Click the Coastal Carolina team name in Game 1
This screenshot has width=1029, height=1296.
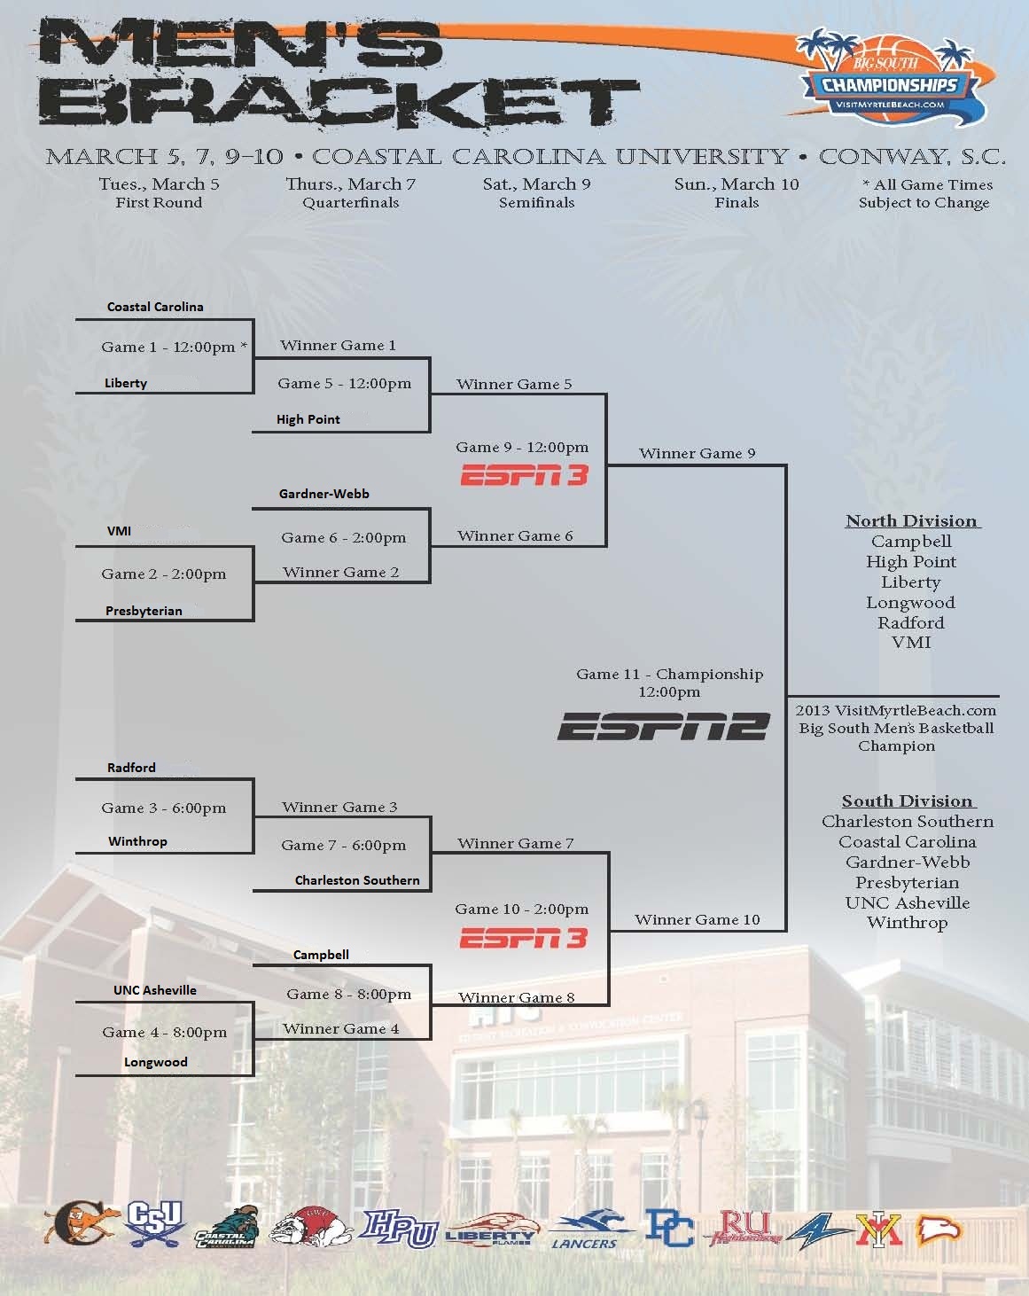(155, 307)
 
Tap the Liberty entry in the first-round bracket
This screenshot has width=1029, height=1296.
(126, 383)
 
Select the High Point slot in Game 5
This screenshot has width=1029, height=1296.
(308, 419)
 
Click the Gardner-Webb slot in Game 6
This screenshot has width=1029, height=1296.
(324, 494)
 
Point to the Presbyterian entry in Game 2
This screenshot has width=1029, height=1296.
(144, 611)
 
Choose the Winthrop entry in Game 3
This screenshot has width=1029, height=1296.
(137, 841)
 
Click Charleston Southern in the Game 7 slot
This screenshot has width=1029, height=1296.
(357, 880)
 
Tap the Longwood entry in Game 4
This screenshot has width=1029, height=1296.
(155, 1062)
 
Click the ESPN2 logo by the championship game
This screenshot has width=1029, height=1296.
(663, 727)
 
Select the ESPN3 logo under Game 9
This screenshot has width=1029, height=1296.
(524, 476)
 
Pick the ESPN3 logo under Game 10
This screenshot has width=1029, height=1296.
(523, 938)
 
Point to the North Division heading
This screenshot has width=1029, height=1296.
(911, 521)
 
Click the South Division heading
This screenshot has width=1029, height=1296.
(907, 801)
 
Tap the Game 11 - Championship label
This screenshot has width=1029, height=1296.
(669, 675)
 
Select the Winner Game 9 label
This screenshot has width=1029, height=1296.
(697, 453)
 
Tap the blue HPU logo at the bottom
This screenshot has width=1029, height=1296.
(399, 1230)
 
